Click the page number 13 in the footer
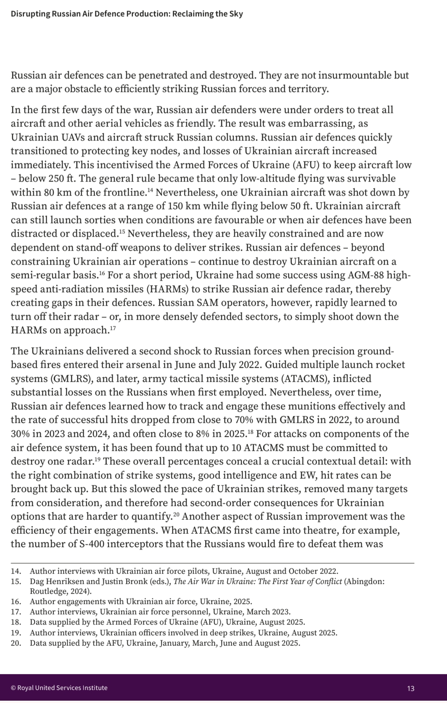point(411,688)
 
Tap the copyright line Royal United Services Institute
point(59,688)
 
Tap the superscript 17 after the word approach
point(112,328)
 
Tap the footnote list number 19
point(16,633)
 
